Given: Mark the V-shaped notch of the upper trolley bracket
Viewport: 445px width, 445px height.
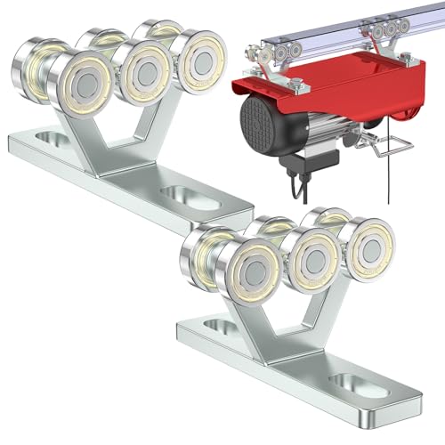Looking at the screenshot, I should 121,130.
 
